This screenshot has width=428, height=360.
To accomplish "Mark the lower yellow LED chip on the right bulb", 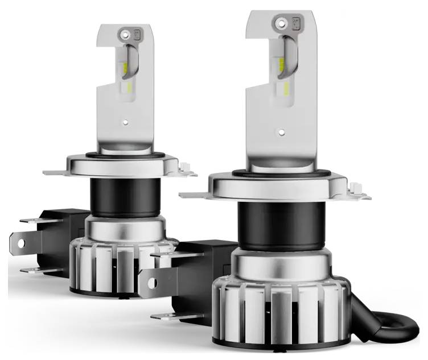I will (285, 88).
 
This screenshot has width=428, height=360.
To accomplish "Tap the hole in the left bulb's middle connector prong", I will (20, 243).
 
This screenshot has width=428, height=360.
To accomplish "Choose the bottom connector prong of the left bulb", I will (39, 270).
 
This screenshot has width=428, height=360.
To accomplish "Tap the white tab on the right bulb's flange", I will (358, 187).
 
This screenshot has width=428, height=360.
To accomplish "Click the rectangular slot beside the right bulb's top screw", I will (297, 23).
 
